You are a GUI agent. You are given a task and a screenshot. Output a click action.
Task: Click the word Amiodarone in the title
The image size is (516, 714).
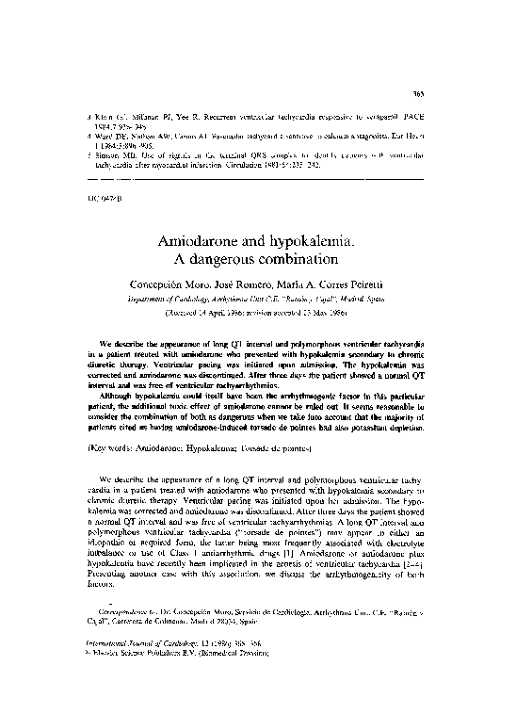point(201,243)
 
